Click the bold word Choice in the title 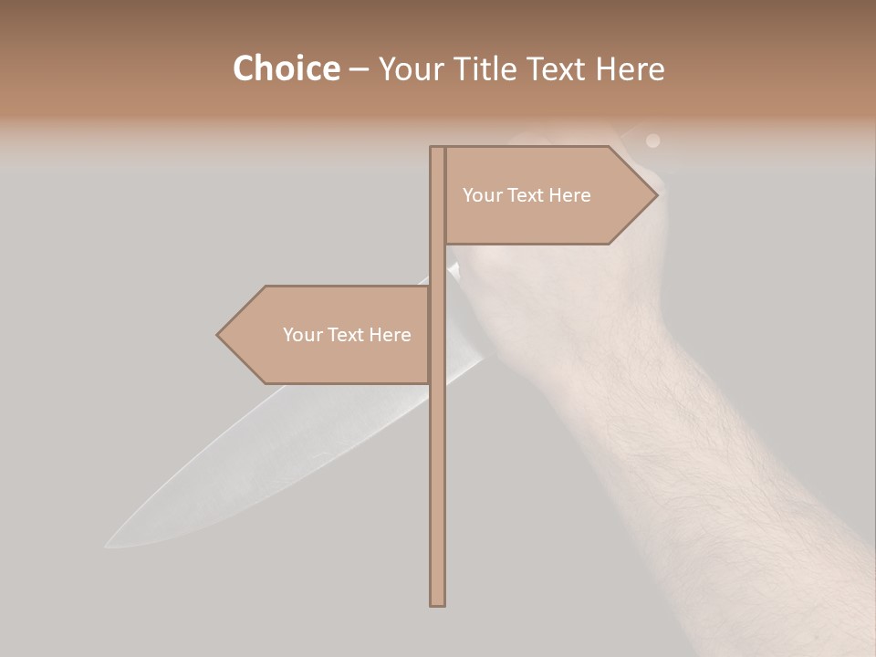[x=286, y=68]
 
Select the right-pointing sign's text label [x=527, y=195]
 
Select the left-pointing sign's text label [x=347, y=335]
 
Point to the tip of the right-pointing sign [x=656, y=195]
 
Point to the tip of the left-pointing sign [x=218, y=335]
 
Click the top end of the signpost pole [x=437, y=148]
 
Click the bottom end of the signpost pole [x=437, y=604]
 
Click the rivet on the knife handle [x=652, y=141]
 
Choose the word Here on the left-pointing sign [x=390, y=335]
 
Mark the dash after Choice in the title [x=359, y=69]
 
